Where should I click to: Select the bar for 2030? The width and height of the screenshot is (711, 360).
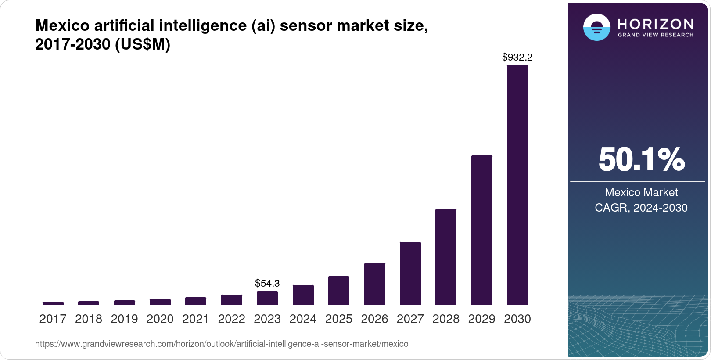click(x=517, y=185)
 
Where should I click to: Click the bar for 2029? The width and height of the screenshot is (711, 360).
click(x=481, y=230)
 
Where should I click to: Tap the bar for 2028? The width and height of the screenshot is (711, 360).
click(x=445, y=257)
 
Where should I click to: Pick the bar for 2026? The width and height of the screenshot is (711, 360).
click(x=374, y=284)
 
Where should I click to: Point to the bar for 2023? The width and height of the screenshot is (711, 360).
click(x=267, y=298)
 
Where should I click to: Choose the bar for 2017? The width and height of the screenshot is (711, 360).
click(x=53, y=303)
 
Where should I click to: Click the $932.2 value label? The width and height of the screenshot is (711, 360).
click(x=517, y=57)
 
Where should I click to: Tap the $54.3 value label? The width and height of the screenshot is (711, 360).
click(x=267, y=283)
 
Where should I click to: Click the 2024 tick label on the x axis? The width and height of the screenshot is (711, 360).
click(x=303, y=319)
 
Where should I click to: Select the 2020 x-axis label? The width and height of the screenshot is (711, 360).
click(x=160, y=319)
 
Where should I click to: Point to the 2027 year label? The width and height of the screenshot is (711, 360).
click(x=410, y=319)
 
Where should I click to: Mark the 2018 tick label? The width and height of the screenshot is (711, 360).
click(x=89, y=319)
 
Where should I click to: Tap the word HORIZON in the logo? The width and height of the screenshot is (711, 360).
click(x=655, y=24)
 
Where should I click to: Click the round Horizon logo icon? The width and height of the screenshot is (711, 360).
click(x=596, y=27)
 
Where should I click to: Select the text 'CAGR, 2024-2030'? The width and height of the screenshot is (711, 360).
click(x=641, y=208)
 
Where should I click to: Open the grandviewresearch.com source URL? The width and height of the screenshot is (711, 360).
click(x=222, y=344)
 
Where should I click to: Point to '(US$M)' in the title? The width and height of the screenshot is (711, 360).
click(x=143, y=44)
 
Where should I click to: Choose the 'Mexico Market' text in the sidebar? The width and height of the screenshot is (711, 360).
click(x=641, y=192)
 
